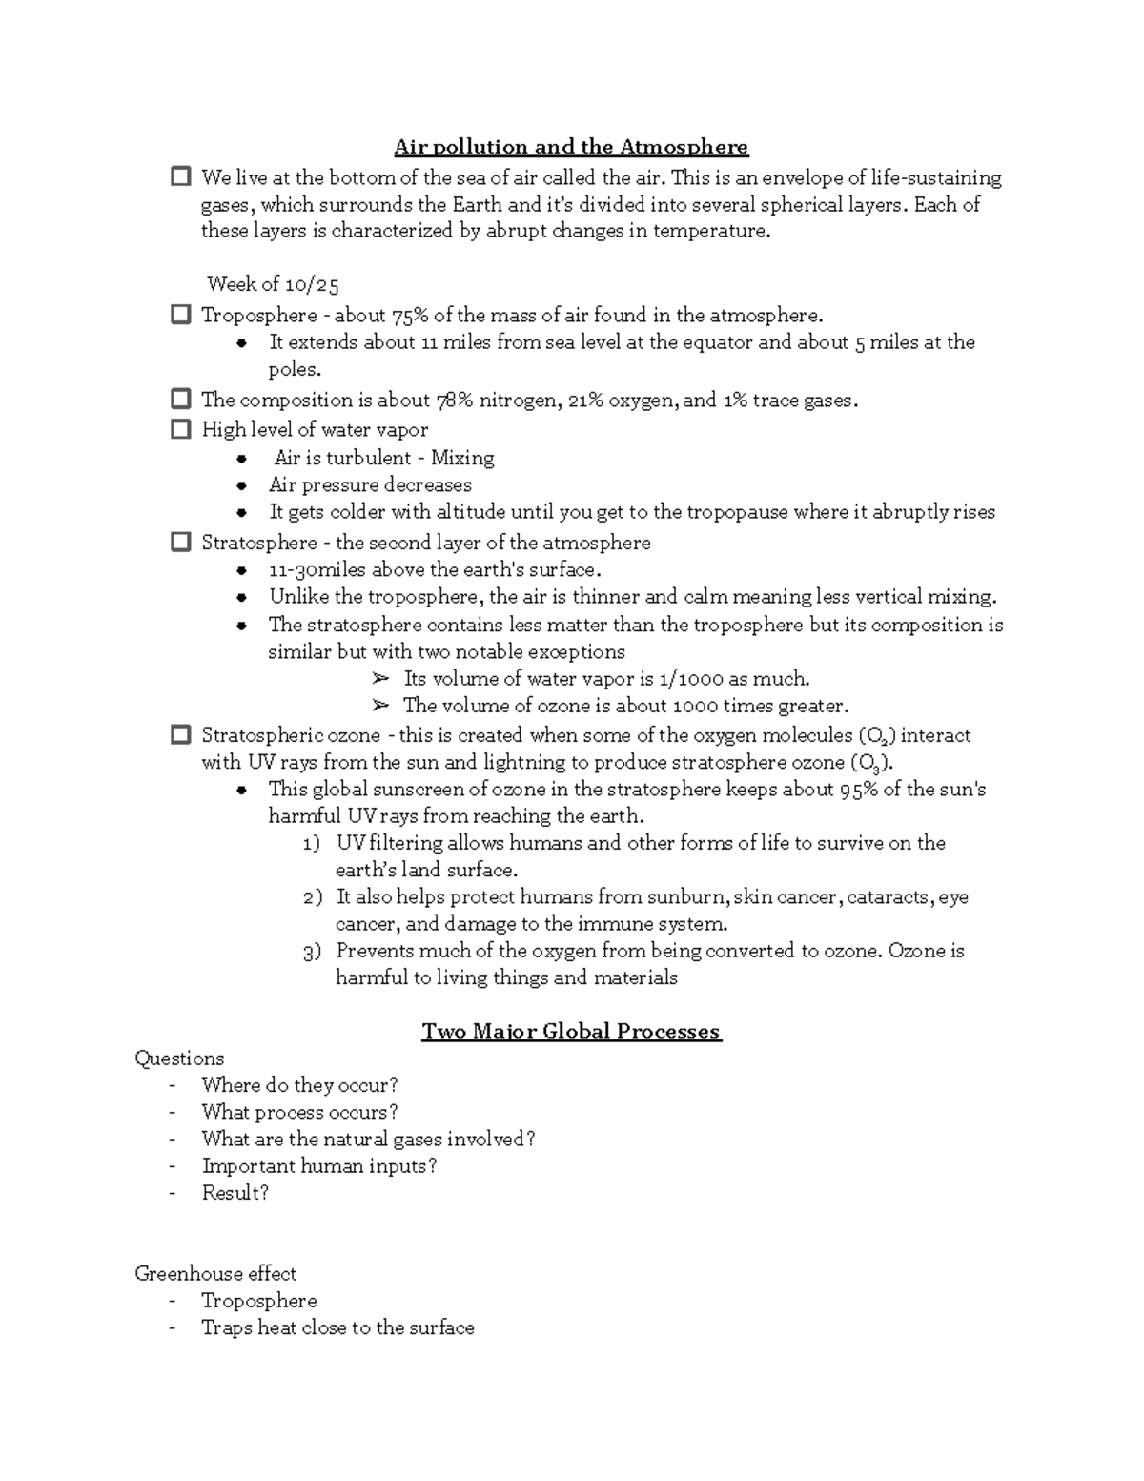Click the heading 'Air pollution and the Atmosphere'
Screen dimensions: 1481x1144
click(571, 147)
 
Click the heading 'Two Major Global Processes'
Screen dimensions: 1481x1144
click(571, 1031)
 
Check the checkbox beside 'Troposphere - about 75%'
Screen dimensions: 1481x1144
click(180, 315)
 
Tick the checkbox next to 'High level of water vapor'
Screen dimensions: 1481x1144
click(180, 429)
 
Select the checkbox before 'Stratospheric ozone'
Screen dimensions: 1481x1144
click(180, 734)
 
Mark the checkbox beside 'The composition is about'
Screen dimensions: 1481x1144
click(180, 400)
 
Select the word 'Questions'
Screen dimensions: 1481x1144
click(179, 1059)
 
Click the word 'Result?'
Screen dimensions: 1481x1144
click(235, 1193)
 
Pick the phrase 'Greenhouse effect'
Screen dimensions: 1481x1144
click(215, 1274)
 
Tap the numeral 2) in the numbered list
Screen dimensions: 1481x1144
click(313, 897)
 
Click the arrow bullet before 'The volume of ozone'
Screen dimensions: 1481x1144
click(380, 706)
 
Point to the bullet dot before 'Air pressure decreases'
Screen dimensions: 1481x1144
click(243, 485)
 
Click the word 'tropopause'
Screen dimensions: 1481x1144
click(720, 512)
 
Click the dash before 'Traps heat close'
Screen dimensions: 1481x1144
click(172, 1327)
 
